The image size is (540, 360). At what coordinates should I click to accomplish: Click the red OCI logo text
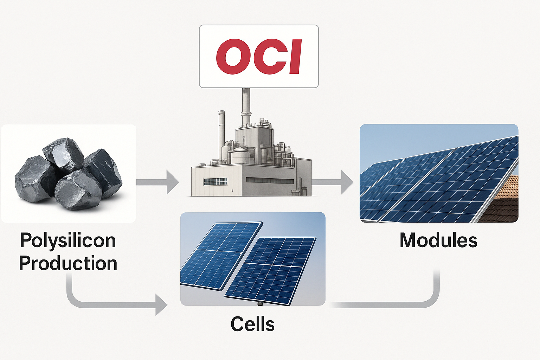259,56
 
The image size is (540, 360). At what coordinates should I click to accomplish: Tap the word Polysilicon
68,240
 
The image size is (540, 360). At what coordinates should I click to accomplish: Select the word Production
68,263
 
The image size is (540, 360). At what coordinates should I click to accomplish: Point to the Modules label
438,240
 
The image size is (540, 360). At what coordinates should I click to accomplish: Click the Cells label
252,324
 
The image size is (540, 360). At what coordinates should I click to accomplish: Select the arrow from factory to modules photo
332,182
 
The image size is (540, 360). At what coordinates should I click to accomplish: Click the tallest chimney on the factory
246,105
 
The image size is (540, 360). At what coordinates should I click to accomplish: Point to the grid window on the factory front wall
216,181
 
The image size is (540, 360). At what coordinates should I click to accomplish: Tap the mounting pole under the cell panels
260,303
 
